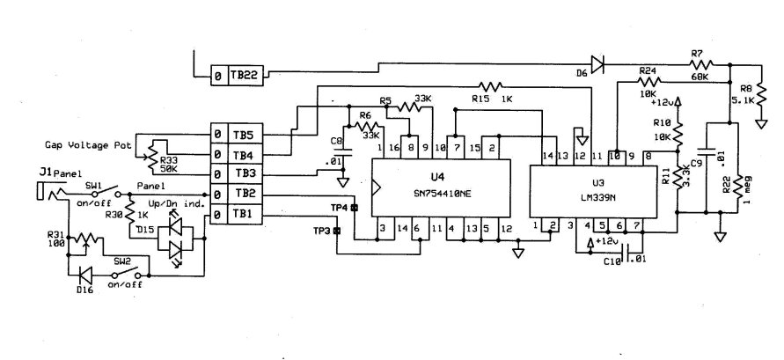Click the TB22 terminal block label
point(244,77)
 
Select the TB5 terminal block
point(243,134)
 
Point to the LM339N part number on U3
point(598,194)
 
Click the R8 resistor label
point(747,89)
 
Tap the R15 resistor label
point(482,99)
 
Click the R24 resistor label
point(648,70)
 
